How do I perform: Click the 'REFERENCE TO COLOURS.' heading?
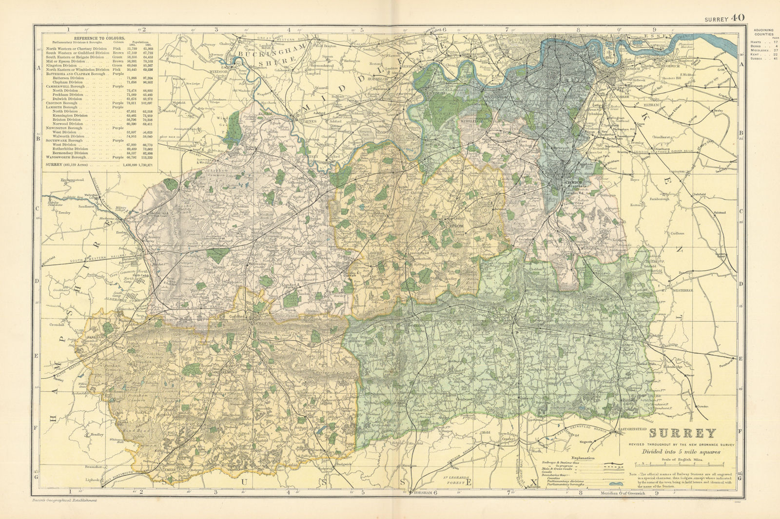pos(98,38)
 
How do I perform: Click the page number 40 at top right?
pos(738,18)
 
